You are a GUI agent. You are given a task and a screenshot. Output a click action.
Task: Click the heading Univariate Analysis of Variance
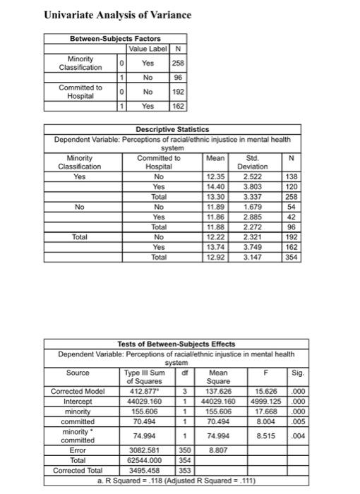[117, 15]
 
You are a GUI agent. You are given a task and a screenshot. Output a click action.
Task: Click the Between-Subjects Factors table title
[115, 38]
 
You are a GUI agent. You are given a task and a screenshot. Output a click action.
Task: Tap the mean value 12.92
[213, 258]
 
